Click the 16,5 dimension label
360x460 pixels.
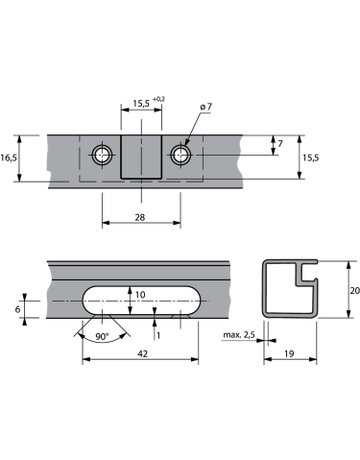[x=8, y=157]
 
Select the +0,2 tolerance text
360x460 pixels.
[x=159, y=99]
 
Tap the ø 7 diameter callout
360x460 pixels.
[x=206, y=107]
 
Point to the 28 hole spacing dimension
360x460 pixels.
[x=140, y=217]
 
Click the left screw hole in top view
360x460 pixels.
[x=102, y=155]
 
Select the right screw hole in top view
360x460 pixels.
[x=181, y=155]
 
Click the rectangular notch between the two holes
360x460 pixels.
[x=141, y=157]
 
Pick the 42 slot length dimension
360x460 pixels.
[x=142, y=354]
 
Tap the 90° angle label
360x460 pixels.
[x=102, y=336]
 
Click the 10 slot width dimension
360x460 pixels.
[x=140, y=295]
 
